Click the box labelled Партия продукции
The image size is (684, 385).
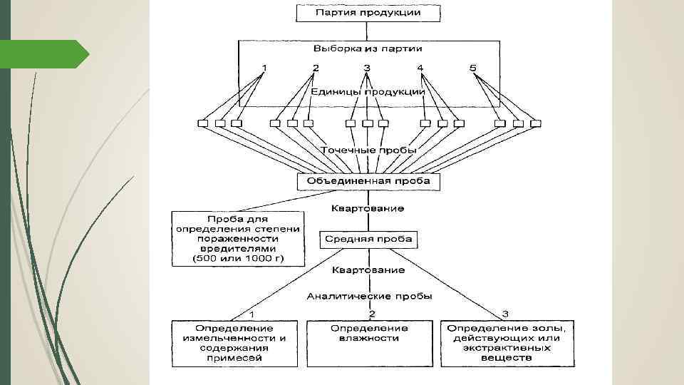368,13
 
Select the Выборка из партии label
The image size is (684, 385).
368,49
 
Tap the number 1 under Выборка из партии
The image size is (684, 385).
264,68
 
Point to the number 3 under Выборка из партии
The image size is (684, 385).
367,68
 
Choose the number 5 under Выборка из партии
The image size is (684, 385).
472,68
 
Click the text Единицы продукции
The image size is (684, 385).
368,91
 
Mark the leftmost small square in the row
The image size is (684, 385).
203,123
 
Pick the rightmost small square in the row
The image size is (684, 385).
534,123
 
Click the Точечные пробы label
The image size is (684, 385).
368,150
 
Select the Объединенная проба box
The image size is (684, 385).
368,181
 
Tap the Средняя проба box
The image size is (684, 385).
368,239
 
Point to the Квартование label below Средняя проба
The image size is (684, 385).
368,270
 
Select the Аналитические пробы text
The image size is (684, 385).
369,295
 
